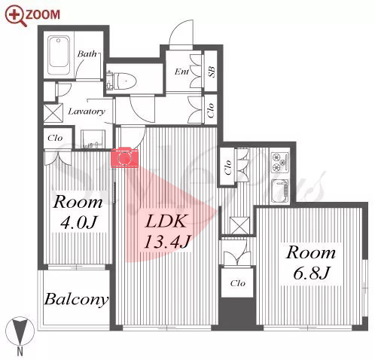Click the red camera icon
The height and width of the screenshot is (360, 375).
click(124, 157)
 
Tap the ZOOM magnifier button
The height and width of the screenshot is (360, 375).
click(33, 16)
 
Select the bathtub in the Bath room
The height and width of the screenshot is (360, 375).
click(59, 56)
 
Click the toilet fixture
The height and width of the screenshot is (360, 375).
click(121, 81)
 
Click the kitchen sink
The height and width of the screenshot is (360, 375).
click(280, 191)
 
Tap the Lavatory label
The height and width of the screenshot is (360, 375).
click(87, 111)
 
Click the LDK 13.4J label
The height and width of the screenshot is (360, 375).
click(167, 231)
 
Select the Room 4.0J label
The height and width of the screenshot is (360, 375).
click(78, 212)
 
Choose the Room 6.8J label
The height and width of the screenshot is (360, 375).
click(311, 262)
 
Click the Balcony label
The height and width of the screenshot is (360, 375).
click(76, 300)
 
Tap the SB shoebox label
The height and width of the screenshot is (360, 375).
click(212, 72)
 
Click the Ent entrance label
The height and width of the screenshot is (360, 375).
click(181, 72)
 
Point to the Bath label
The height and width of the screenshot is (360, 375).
click(87, 53)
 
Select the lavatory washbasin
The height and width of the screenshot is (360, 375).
click(93, 139)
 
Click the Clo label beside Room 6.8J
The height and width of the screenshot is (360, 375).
click(237, 283)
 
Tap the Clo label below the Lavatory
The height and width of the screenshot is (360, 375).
click(55, 138)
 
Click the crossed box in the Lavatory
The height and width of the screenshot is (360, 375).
click(53, 113)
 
